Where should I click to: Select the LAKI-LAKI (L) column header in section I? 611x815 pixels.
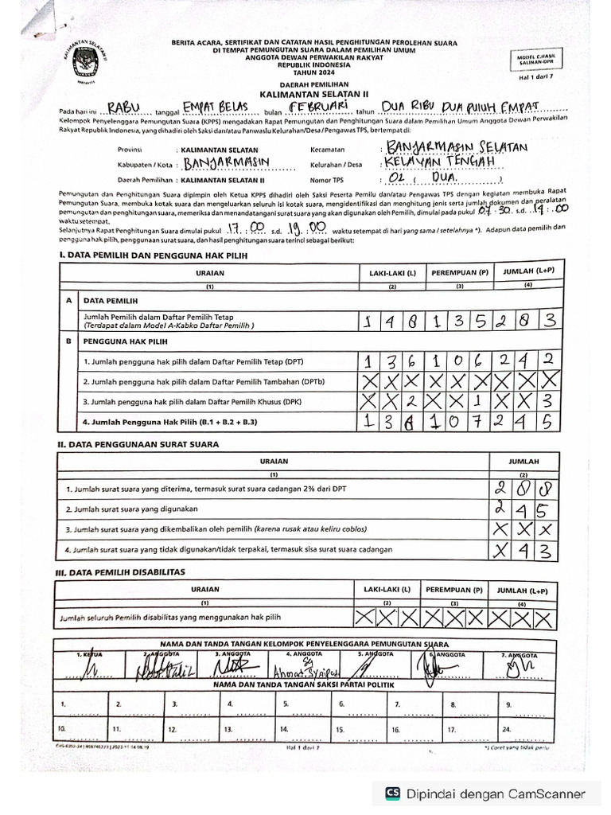(392, 273)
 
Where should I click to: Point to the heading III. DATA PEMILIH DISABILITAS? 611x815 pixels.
(119, 572)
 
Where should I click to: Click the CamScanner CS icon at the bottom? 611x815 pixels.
(392, 793)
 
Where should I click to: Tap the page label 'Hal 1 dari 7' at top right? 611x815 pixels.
(541, 77)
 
